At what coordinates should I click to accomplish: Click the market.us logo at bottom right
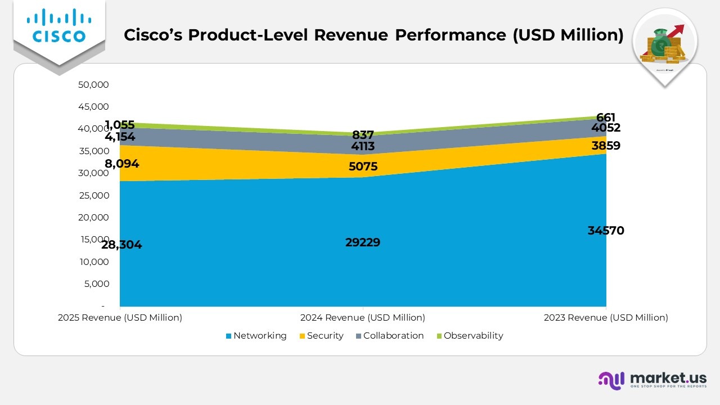(x=652, y=380)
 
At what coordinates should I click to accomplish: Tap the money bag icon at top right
(x=665, y=44)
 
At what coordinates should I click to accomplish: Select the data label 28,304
(x=121, y=245)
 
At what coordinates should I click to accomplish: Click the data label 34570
(x=606, y=231)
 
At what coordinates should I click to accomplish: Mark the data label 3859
(x=606, y=146)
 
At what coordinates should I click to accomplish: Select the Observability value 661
(x=606, y=118)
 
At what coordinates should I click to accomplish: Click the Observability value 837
(x=363, y=135)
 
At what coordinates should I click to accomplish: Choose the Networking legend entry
(x=256, y=336)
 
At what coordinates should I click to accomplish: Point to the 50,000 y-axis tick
(x=93, y=85)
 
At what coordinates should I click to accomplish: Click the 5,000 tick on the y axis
(x=96, y=284)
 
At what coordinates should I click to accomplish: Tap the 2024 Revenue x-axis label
(x=363, y=318)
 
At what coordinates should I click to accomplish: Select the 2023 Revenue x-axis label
(x=606, y=318)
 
